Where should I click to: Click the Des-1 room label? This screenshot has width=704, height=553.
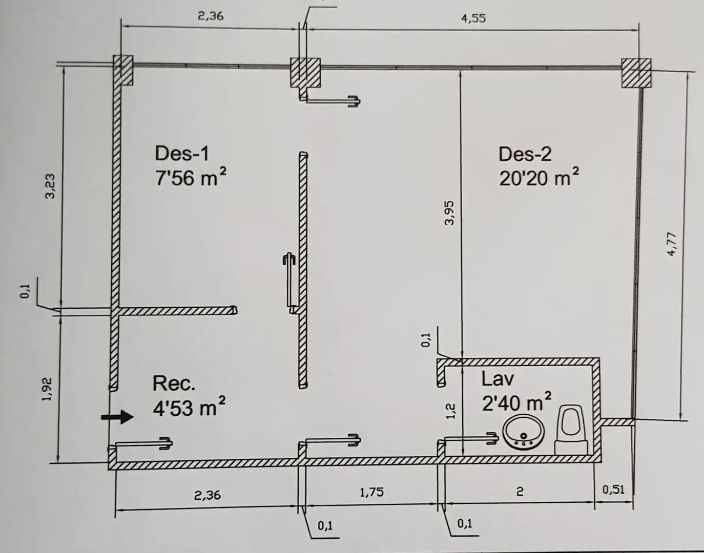[182, 154]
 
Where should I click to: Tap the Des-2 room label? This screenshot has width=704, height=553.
[525, 154]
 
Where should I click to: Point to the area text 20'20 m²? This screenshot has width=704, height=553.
[539, 177]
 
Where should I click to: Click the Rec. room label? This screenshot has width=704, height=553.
[174, 384]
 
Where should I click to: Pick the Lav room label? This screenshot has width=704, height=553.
[498, 379]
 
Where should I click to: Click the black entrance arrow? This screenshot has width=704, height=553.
[117, 417]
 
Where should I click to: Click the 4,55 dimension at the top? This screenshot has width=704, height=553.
[473, 18]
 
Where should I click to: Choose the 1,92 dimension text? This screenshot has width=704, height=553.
[47, 389]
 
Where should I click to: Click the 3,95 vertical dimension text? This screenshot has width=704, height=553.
[450, 213]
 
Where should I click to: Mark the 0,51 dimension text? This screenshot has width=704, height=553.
[613, 490]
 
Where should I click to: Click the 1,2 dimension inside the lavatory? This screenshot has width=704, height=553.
[451, 411]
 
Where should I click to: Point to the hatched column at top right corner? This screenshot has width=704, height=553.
[636, 73]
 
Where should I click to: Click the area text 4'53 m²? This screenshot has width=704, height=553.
[189, 407]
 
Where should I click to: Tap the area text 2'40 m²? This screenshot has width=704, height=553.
[516, 402]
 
